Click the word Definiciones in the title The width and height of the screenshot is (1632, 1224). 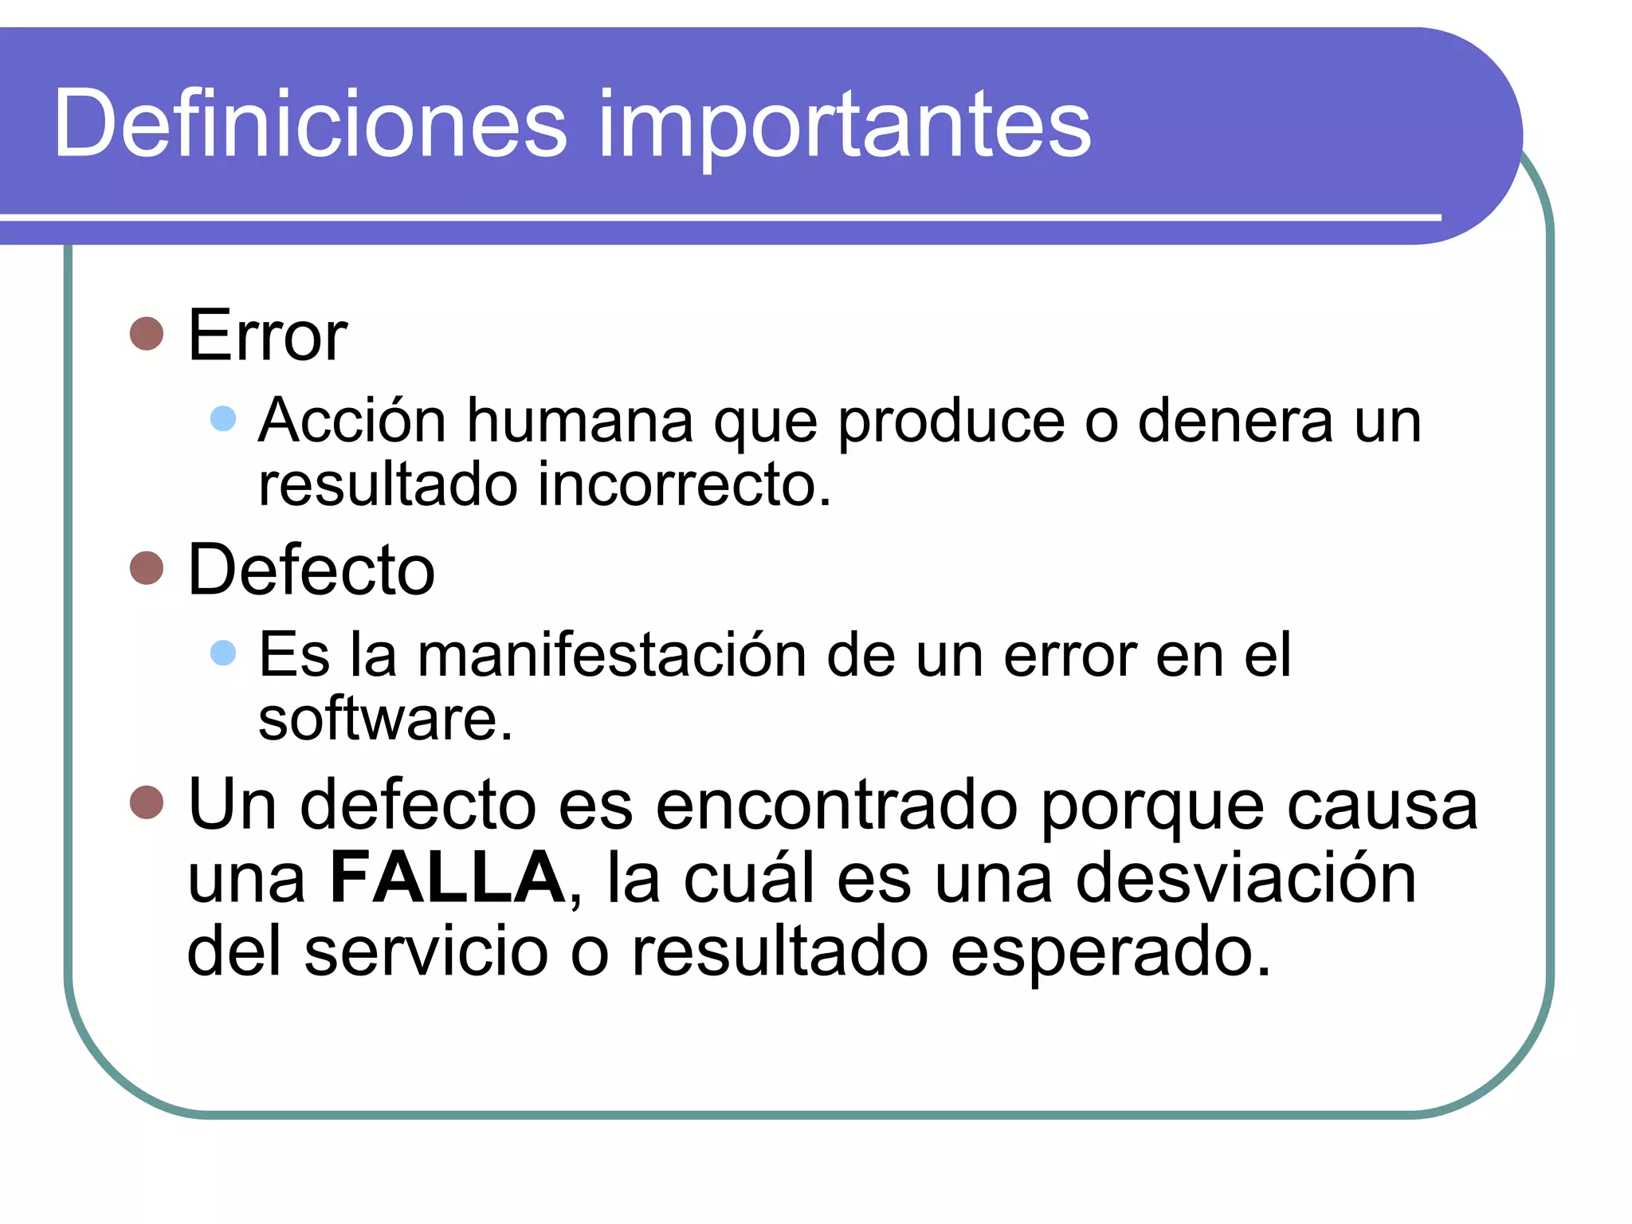point(310,124)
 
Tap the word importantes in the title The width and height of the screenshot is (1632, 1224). point(844,127)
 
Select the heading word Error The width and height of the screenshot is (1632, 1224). point(268,335)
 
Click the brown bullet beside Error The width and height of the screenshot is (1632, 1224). point(147,334)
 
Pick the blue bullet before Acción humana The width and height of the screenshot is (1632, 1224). point(223,418)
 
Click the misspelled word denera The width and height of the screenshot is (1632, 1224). point(1235,420)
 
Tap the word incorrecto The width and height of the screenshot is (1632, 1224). point(685,484)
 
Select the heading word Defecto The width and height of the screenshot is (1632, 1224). point(311,569)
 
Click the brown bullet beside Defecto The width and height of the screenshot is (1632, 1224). point(147,568)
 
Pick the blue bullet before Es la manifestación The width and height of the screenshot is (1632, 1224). point(223,653)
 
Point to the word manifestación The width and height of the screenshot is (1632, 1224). point(612,654)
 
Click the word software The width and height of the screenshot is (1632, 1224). point(385,719)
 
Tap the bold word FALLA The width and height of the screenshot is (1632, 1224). point(448,877)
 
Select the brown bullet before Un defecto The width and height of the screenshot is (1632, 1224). point(147,802)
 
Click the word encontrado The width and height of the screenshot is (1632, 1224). point(837,805)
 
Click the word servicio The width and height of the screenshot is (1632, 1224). point(426,951)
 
